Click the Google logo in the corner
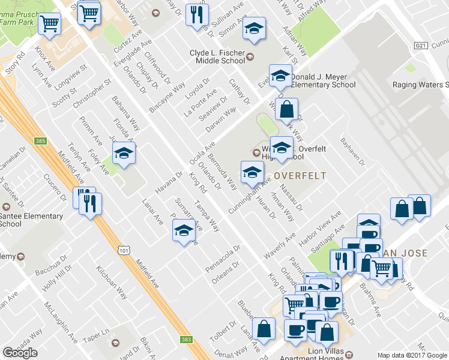click(20, 353)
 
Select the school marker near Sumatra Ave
click(184, 230)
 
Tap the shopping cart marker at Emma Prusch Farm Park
click(49, 24)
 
